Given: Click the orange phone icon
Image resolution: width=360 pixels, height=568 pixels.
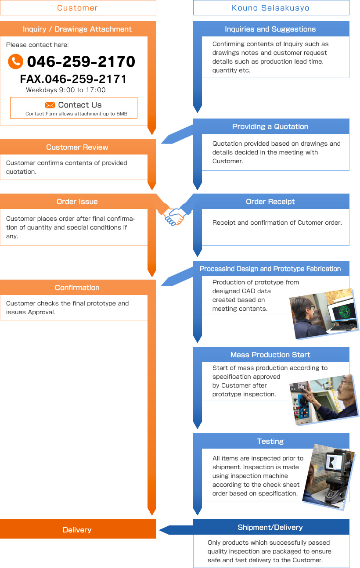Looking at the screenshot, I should (x=15, y=61).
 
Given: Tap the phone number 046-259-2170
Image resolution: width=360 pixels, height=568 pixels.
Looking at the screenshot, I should (x=81, y=61).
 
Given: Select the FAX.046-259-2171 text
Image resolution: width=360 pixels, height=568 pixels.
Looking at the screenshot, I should (x=73, y=79).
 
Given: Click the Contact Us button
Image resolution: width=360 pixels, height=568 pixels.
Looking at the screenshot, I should (x=74, y=108).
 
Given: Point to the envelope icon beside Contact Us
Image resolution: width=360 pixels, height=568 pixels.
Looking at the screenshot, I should (x=50, y=105).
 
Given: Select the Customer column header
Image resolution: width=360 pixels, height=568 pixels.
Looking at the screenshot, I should (x=78, y=8).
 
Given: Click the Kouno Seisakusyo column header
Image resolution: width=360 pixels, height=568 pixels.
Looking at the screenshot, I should (x=271, y=8).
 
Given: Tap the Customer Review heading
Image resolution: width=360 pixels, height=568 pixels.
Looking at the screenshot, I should (x=77, y=147).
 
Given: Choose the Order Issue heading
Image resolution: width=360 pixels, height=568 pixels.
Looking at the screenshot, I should (x=77, y=201).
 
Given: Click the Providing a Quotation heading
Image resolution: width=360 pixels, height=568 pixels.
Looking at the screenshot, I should (x=270, y=126).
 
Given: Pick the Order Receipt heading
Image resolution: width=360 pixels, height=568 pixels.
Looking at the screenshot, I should (x=270, y=201).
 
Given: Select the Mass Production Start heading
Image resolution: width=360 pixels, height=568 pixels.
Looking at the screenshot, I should (x=270, y=355).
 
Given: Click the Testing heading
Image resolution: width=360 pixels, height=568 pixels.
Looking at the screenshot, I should (x=270, y=441).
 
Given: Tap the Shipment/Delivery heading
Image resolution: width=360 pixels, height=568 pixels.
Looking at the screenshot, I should (x=270, y=527).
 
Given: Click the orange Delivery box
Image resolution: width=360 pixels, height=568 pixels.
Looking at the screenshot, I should (x=77, y=529).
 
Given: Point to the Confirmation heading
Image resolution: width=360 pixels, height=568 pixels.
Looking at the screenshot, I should (x=77, y=288).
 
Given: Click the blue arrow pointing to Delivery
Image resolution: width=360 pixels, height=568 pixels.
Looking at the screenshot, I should (x=176, y=530).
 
